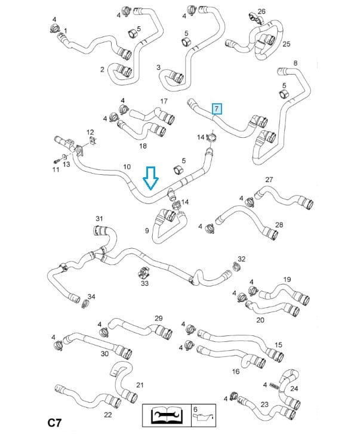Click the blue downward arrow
[150, 178]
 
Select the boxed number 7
[217, 109]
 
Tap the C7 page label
[55, 423]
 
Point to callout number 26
[261, 11]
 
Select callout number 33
[144, 283]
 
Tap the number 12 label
[90, 132]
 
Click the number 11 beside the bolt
[55, 170]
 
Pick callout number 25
[286, 44]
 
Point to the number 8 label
[295, 63]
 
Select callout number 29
[159, 318]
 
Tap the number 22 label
[108, 415]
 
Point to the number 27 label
[269, 180]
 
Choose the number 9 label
[147, 230]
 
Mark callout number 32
[242, 259]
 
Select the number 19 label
[287, 279]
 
